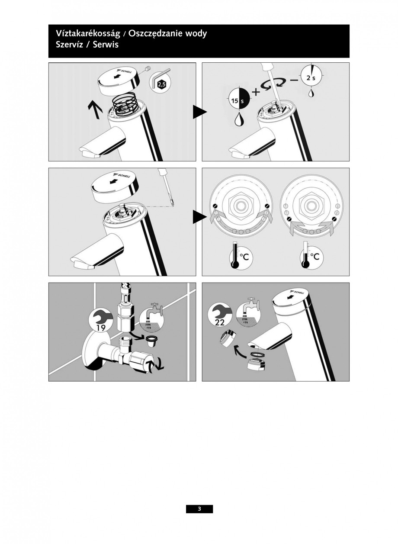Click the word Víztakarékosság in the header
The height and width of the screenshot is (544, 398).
(x=88, y=34)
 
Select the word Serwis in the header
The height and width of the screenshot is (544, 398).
(x=106, y=45)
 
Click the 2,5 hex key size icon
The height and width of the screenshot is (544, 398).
(x=160, y=83)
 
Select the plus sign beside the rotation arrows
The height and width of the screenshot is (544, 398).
(x=256, y=92)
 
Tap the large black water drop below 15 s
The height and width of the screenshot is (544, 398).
(x=238, y=119)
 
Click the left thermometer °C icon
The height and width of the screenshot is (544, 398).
(x=241, y=256)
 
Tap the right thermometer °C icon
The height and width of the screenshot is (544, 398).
(x=311, y=256)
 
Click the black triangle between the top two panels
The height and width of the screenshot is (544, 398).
(x=200, y=112)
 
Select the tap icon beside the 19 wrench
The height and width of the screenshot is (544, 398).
(x=151, y=319)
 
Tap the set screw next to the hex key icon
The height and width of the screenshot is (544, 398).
(x=147, y=70)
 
